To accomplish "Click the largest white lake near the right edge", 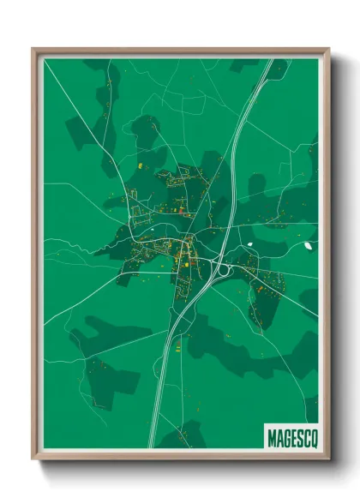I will click(x=307, y=249).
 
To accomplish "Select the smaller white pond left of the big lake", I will click(x=250, y=243).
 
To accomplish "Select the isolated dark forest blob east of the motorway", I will click(x=256, y=183).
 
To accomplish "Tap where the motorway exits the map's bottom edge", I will click(x=153, y=447).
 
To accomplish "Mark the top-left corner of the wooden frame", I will click(x=33, y=49).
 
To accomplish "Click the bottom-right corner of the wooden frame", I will click(x=328, y=458).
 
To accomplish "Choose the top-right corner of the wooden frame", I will click(x=328, y=49).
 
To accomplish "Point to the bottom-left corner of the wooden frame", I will click(x=33, y=458).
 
